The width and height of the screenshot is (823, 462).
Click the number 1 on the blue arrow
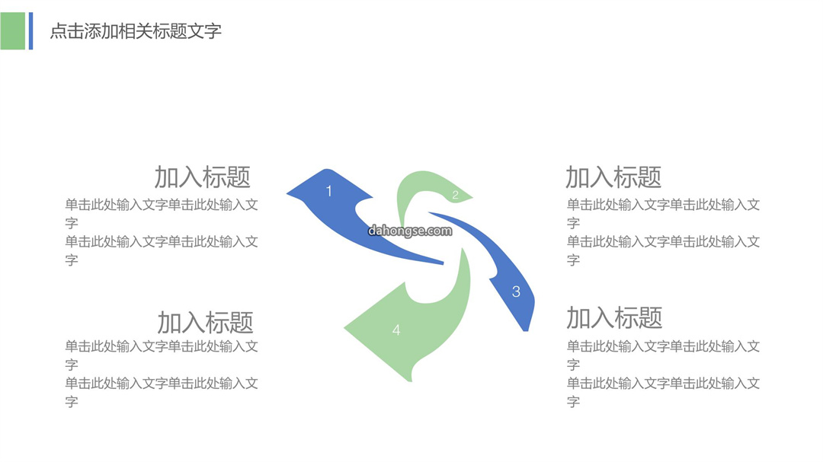pos(329,191)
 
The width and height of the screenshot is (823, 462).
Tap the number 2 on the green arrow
pos(455,195)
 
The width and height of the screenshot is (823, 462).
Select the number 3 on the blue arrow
pos(516,292)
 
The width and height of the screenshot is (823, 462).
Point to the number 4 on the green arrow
pos(396,330)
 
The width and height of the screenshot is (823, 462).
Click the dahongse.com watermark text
pos(410,231)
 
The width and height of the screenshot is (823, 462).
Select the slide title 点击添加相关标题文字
pos(136,31)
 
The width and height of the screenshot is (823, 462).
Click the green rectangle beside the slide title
pos(13,31)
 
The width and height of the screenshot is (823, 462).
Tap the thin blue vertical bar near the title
pos(31,31)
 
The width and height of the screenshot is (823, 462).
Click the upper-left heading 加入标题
pos(203,177)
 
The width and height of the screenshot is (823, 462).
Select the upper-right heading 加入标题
pos(613,177)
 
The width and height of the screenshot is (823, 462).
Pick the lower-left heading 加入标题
pos(205,323)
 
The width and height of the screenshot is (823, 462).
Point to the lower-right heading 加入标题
pos(615,318)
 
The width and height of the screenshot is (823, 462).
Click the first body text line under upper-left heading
pos(162,205)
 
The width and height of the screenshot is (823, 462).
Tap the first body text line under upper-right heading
pos(664,205)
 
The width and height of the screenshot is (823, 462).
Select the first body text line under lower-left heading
pos(162,346)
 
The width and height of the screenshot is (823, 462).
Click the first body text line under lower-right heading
pos(664,346)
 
